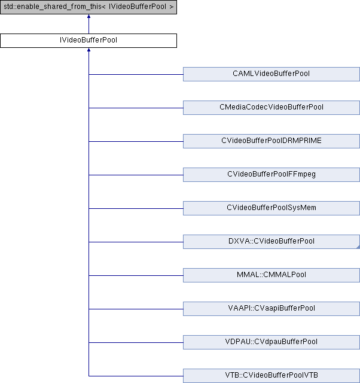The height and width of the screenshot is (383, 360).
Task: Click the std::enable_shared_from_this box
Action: (x=89, y=7)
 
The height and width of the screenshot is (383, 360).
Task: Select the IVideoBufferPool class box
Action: (x=89, y=41)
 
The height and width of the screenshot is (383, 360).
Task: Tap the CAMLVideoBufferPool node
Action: (x=271, y=74)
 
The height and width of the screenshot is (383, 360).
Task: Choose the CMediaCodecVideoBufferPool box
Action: (x=271, y=108)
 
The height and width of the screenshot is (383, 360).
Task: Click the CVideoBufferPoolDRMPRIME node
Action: (x=271, y=141)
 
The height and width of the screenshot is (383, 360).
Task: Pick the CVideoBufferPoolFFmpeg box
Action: (x=271, y=174)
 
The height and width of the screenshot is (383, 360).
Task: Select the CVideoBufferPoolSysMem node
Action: (x=271, y=208)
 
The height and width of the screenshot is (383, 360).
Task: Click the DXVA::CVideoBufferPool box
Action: (x=271, y=242)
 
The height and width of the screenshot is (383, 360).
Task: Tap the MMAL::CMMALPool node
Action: (x=271, y=275)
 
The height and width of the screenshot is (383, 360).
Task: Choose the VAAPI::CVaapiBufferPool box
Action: (x=271, y=309)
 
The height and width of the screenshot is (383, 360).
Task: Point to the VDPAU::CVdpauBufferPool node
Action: (x=271, y=342)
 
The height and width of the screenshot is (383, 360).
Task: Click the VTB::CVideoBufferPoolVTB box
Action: (x=271, y=376)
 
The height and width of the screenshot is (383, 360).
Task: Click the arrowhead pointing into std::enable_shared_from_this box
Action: (x=89, y=16)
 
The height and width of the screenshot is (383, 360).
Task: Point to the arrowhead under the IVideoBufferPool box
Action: (x=89, y=50)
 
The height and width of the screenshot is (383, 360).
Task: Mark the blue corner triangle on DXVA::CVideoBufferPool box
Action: (x=358, y=247)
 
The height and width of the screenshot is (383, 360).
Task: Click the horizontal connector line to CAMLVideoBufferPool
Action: (x=136, y=74)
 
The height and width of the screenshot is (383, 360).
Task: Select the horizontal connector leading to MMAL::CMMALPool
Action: (x=136, y=275)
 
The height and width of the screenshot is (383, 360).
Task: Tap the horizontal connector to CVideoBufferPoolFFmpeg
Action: (x=136, y=175)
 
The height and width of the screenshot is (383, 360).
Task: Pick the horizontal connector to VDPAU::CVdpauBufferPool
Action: (x=136, y=342)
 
